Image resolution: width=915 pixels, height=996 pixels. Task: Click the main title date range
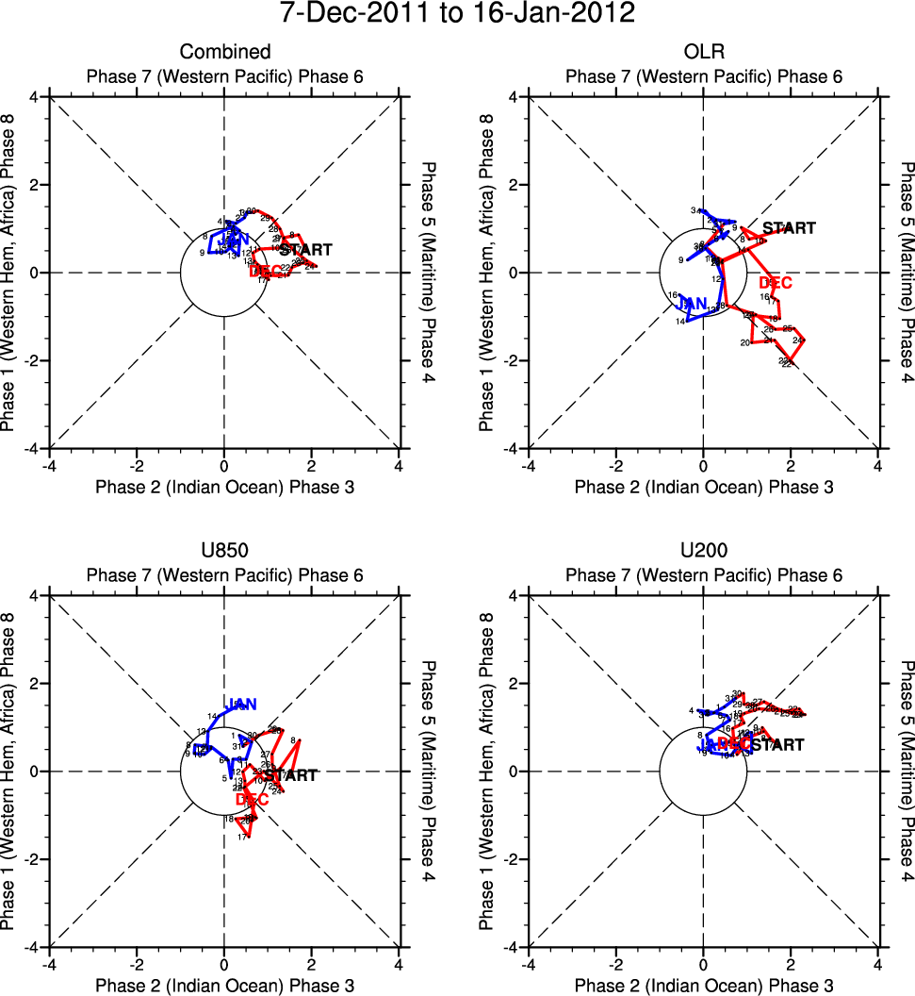click(x=457, y=14)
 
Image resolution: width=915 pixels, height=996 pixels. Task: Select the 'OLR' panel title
click(x=703, y=52)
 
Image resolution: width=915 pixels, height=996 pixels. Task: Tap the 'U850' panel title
click(x=224, y=551)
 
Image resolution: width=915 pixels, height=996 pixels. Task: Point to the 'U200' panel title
click(x=703, y=551)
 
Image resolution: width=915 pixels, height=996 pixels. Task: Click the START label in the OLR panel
click(x=789, y=228)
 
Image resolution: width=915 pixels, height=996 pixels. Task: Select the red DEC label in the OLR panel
click(x=776, y=283)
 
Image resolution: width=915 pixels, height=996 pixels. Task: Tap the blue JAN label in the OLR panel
click(x=693, y=303)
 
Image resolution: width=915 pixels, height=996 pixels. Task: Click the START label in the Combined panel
click(x=306, y=250)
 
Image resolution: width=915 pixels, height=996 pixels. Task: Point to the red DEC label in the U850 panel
click(x=252, y=799)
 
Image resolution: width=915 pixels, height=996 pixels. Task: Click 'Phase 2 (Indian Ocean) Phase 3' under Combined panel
click(x=224, y=487)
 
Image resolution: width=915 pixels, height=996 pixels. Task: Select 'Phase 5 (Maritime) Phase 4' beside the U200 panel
click(x=906, y=772)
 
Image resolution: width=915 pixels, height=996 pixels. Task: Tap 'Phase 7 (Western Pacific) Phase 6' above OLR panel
click(x=703, y=76)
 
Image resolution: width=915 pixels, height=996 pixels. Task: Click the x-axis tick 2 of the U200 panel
click(x=790, y=965)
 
